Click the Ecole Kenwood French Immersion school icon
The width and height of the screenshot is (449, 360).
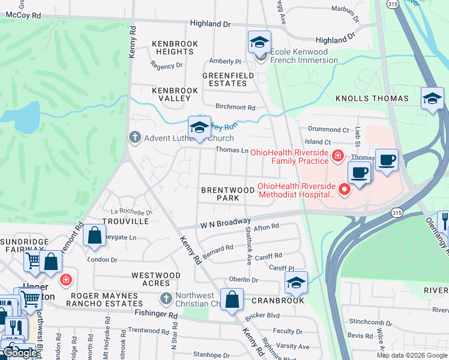pyautogui.click(x=259, y=43)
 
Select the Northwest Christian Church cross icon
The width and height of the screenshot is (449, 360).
pyautogui.click(x=166, y=298)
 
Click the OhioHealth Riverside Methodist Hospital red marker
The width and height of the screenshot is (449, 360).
pyautogui.click(x=345, y=190)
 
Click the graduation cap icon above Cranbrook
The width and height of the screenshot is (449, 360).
pyautogui.click(x=295, y=283)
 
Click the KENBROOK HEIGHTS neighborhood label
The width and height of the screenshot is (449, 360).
pyautogui.click(x=172, y=47)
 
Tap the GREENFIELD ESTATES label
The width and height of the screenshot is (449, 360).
pyautogui.click(x=224, y=79)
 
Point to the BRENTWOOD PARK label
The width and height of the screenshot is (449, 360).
pyautogui.click(x=228, y=193)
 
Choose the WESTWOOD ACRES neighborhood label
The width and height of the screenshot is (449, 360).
pyautogui.click(x=156, y=279)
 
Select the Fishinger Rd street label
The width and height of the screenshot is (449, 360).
pyautogui.click(x=156, y=314)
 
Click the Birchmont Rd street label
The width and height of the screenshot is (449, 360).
pyautogui.click(x=235, y=107)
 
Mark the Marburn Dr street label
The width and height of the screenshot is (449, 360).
pyautogui.click(x=345, y=14)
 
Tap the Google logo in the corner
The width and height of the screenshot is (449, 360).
pyautogui.click(x=20, y=353)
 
